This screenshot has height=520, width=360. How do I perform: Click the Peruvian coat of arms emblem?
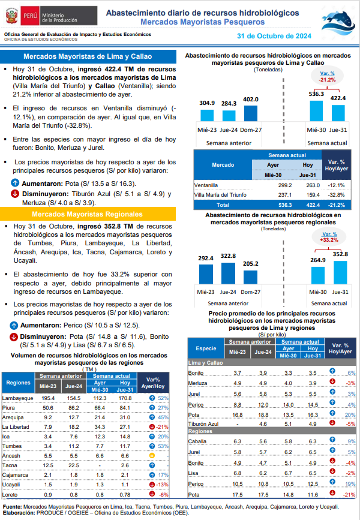coord(11,16)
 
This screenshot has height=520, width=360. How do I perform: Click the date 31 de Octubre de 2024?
coord(274,36)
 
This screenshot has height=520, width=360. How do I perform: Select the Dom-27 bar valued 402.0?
coord(251,113)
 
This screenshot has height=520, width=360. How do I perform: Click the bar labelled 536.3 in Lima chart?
coord(316,111)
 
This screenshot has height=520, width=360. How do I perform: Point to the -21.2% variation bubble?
coord(327,77)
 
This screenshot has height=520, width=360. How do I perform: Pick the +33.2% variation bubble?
coord(329,237)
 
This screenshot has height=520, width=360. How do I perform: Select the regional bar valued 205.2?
coord(250,277)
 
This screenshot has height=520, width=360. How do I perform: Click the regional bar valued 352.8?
coord(340,273)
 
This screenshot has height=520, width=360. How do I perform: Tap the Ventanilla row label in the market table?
coord(206,185)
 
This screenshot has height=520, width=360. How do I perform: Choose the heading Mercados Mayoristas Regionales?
coord(87,214)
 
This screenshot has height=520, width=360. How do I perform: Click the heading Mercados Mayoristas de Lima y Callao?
coord(88,56)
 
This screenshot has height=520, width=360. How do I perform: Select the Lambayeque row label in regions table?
coord(17,398)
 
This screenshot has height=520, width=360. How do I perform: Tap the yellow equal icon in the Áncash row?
coord(152,456)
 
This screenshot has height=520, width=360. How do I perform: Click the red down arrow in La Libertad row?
coord(152,427)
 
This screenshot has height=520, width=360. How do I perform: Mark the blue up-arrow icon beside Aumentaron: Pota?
coord(15,183)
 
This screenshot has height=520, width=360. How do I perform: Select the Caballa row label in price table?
coord(197,441)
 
